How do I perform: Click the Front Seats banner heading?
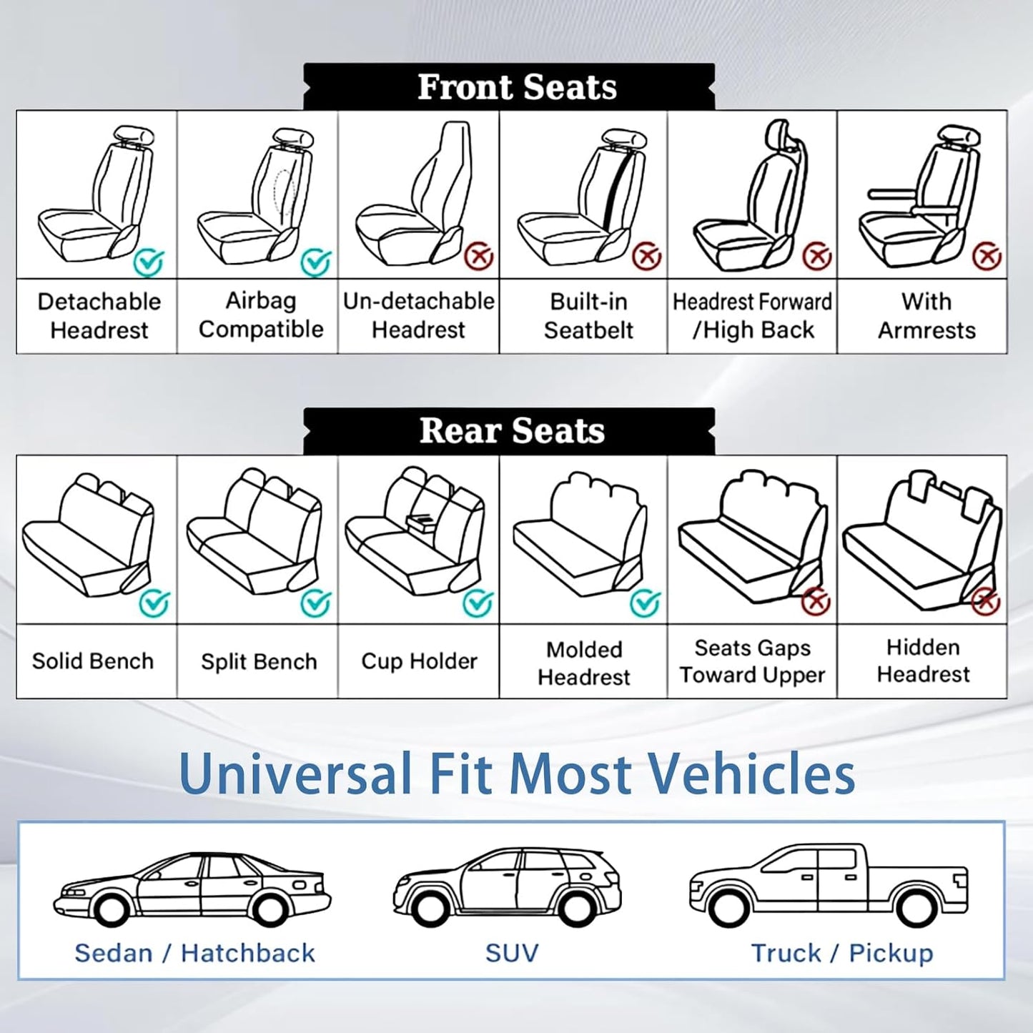tap(516, 87)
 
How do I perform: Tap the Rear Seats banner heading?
tap(512, 431)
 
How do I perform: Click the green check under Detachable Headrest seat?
tap(149, 262)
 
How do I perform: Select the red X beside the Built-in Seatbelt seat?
tap(647, 255)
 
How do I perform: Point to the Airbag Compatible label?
tap(261, 315)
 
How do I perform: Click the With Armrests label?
tap(926, 315)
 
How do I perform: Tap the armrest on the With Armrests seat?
tap(891, 194)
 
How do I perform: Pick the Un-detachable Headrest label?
tap(419, 315)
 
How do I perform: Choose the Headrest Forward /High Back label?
tap(752, 315)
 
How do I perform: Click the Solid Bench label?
tap(93, 661)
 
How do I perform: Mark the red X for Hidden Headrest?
tap(986, 602)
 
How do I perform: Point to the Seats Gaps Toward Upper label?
tap(752, 661)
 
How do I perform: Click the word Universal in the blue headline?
tap(296, 773)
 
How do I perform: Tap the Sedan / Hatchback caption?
tap(194, 953)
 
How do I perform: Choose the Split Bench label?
tap(259, 662)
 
